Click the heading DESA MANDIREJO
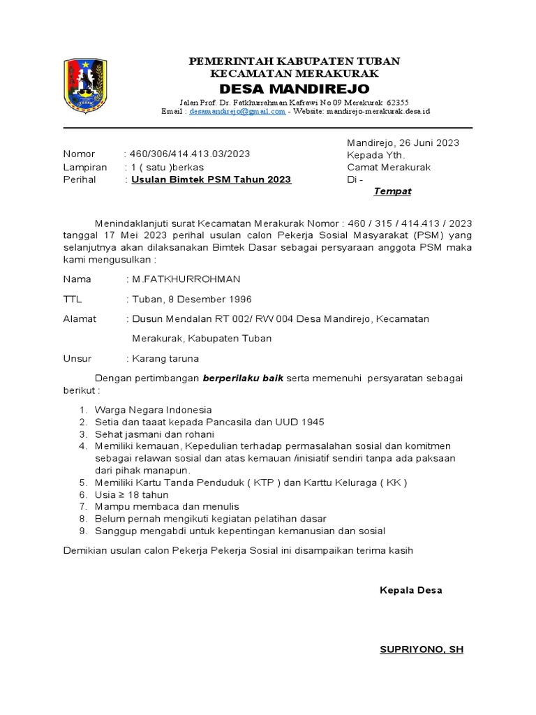(295, 89)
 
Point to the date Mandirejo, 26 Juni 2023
(403, 142)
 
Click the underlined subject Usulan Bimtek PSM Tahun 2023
(211, 179)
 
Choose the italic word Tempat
(392, 191)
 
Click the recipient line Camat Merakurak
(389, 167)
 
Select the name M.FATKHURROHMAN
(183, 279)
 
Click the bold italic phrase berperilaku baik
(244, 378)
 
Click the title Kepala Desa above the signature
(410, 590)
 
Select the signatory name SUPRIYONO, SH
(421, 649)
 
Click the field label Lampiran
(85, 167)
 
